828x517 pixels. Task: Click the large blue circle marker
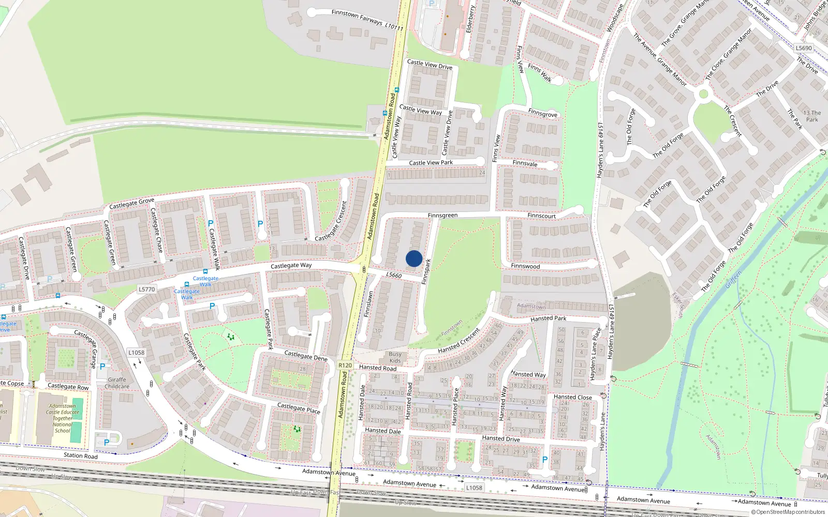pos(414,258)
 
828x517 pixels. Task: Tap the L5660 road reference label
pos(394,275)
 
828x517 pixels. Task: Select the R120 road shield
pos(345,366)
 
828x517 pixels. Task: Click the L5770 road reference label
pos(147,290)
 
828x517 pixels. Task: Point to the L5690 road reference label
pos(804,48)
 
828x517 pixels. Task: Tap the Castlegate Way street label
pos(291,266)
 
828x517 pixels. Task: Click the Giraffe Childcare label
pos(117,383)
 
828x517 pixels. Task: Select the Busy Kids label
pos(395,357)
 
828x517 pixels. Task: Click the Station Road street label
pos(80,455)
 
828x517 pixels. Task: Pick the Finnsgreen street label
pos(442,216)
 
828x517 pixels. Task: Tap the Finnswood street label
pos(525,266)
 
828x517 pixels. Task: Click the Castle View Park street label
pos(431,163)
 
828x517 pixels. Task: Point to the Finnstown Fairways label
pos(357,17)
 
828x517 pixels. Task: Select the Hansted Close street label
pos(572,397)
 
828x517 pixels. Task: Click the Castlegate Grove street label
pos(131,204)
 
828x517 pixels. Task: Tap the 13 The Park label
pos(812,116)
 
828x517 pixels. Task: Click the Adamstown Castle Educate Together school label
pos(62,418)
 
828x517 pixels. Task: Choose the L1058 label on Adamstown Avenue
pos(474,488)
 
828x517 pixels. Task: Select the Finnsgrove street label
pos(543,114)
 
